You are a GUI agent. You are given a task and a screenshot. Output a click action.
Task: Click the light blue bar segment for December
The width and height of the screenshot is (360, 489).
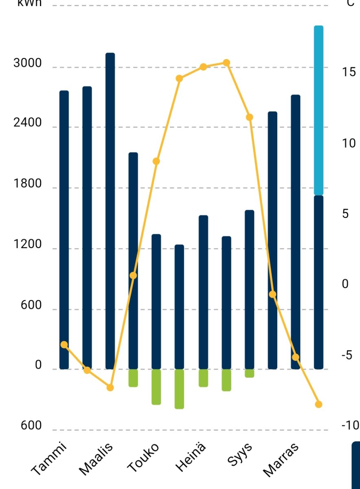(x=318, y=110)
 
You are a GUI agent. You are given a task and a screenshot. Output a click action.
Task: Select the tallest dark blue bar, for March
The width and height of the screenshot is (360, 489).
(x=110, y=204)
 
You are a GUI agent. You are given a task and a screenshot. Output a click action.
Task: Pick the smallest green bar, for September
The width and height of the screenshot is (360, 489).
(x=249, y=373)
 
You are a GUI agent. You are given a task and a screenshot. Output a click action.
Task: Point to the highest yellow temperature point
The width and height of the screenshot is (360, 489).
(x=226, y=63)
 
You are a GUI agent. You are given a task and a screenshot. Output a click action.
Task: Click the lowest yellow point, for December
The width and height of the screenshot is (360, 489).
(x=318, y=404)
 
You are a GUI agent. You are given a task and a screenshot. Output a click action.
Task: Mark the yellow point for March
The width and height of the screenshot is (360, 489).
(x=110, y=387)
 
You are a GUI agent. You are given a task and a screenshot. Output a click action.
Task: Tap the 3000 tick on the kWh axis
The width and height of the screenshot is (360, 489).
(x=28, y=64)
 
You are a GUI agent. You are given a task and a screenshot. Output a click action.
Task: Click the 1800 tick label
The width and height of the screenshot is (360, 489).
(x=28, y=184)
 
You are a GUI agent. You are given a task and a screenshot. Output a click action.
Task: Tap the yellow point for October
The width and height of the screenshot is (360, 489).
(x=272, y=294)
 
